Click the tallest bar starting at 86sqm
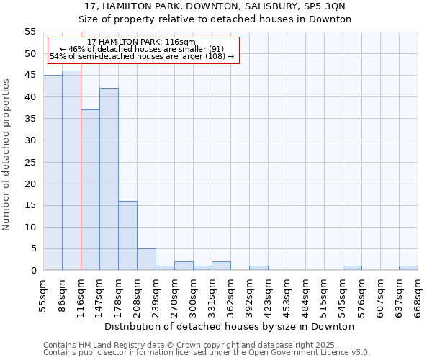[71, 171]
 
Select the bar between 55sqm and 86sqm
[53, 173]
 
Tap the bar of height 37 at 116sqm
[90, 190]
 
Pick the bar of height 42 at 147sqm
[109, 179]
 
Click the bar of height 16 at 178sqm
[127, 235]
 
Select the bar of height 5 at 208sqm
[146, 259]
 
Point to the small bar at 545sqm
[352, 268]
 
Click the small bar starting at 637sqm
[408, 268]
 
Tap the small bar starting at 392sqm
[258, 268]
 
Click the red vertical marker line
[81, 166]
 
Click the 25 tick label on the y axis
[30, 162]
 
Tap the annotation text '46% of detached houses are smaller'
[142, 49]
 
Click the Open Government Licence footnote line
[207, 352]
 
